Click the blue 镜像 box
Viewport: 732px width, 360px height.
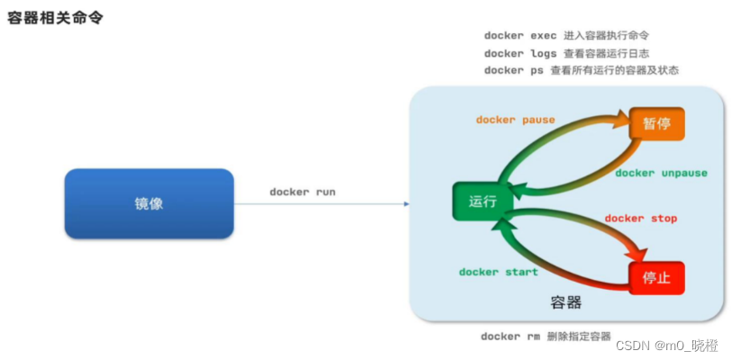point(149,203)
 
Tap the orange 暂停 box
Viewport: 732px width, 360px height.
point(656,123)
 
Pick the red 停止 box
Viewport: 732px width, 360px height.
point(656,278)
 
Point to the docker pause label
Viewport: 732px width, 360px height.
point(515,120)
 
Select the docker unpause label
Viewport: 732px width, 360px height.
point(661,173)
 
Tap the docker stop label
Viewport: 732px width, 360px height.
point(640,219)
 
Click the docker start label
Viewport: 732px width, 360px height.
point(498,272)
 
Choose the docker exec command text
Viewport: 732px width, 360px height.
point(520,36)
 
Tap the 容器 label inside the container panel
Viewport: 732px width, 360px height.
point(565,301)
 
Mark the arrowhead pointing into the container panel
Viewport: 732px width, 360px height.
point(406,203)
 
